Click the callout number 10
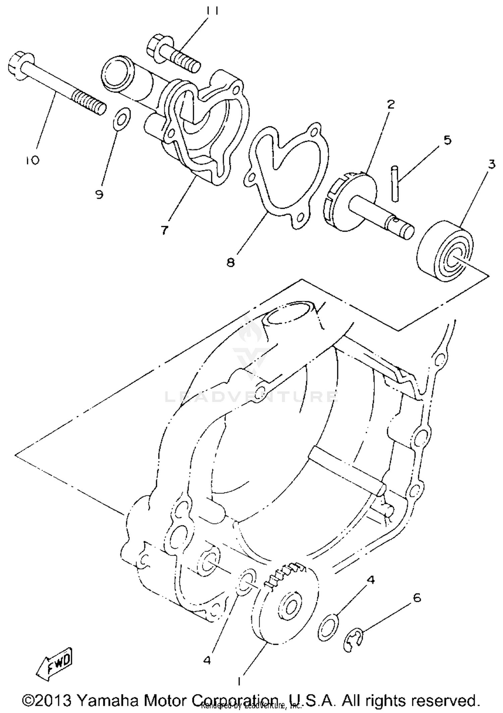[x=32, y=160]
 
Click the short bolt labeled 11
[x=173, y=54]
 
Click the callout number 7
[x=164, y=230]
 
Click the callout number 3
[x=491, y=164]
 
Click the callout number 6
[x=416, y=598]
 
